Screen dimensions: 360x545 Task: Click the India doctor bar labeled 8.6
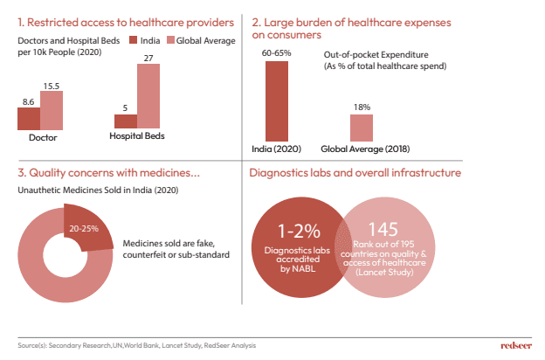point(30,119)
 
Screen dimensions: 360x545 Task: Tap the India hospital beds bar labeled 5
point(126,121)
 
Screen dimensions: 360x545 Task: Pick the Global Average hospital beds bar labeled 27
point(148,95)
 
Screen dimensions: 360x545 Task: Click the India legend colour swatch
point(134,40)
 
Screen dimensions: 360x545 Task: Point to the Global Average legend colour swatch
point(170,40)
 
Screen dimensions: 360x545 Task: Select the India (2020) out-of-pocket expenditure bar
point(277,100)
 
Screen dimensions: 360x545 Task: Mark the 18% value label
point(362,107)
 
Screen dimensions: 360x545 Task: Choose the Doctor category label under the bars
point(42,137)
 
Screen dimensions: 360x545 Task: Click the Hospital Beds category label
point(137,136)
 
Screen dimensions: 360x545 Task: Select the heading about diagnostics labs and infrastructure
point(355,173)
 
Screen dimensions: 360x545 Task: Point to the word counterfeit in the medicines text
point(149,255)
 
